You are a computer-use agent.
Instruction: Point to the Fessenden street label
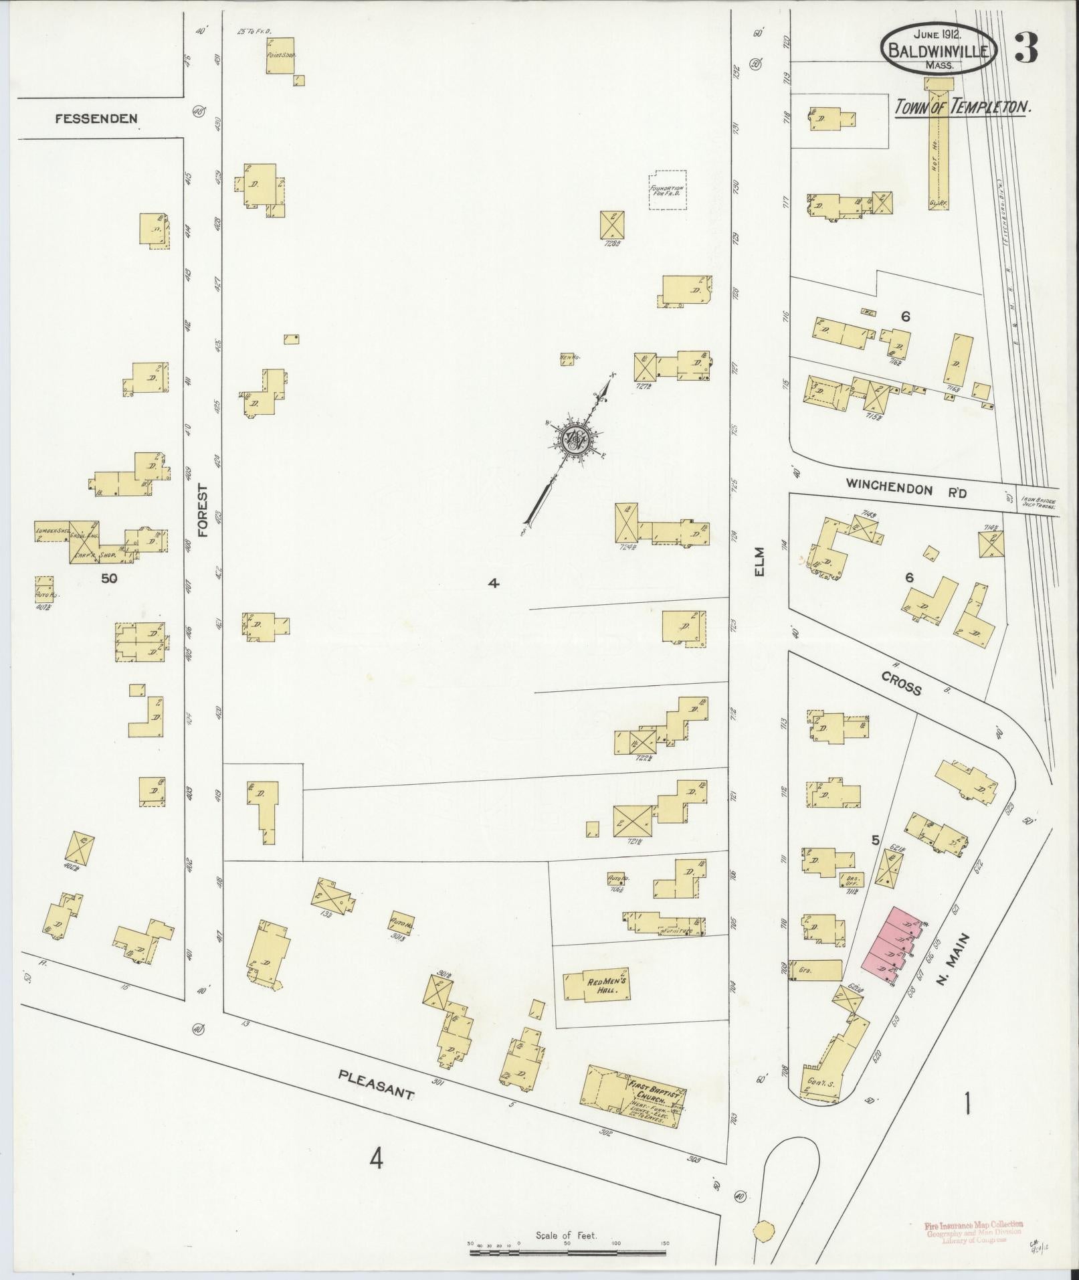click(96, 119)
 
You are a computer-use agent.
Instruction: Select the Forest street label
click(203, 512)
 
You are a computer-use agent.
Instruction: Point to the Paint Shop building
click(280, 55)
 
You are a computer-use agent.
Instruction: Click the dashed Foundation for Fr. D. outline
click(667, 190)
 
